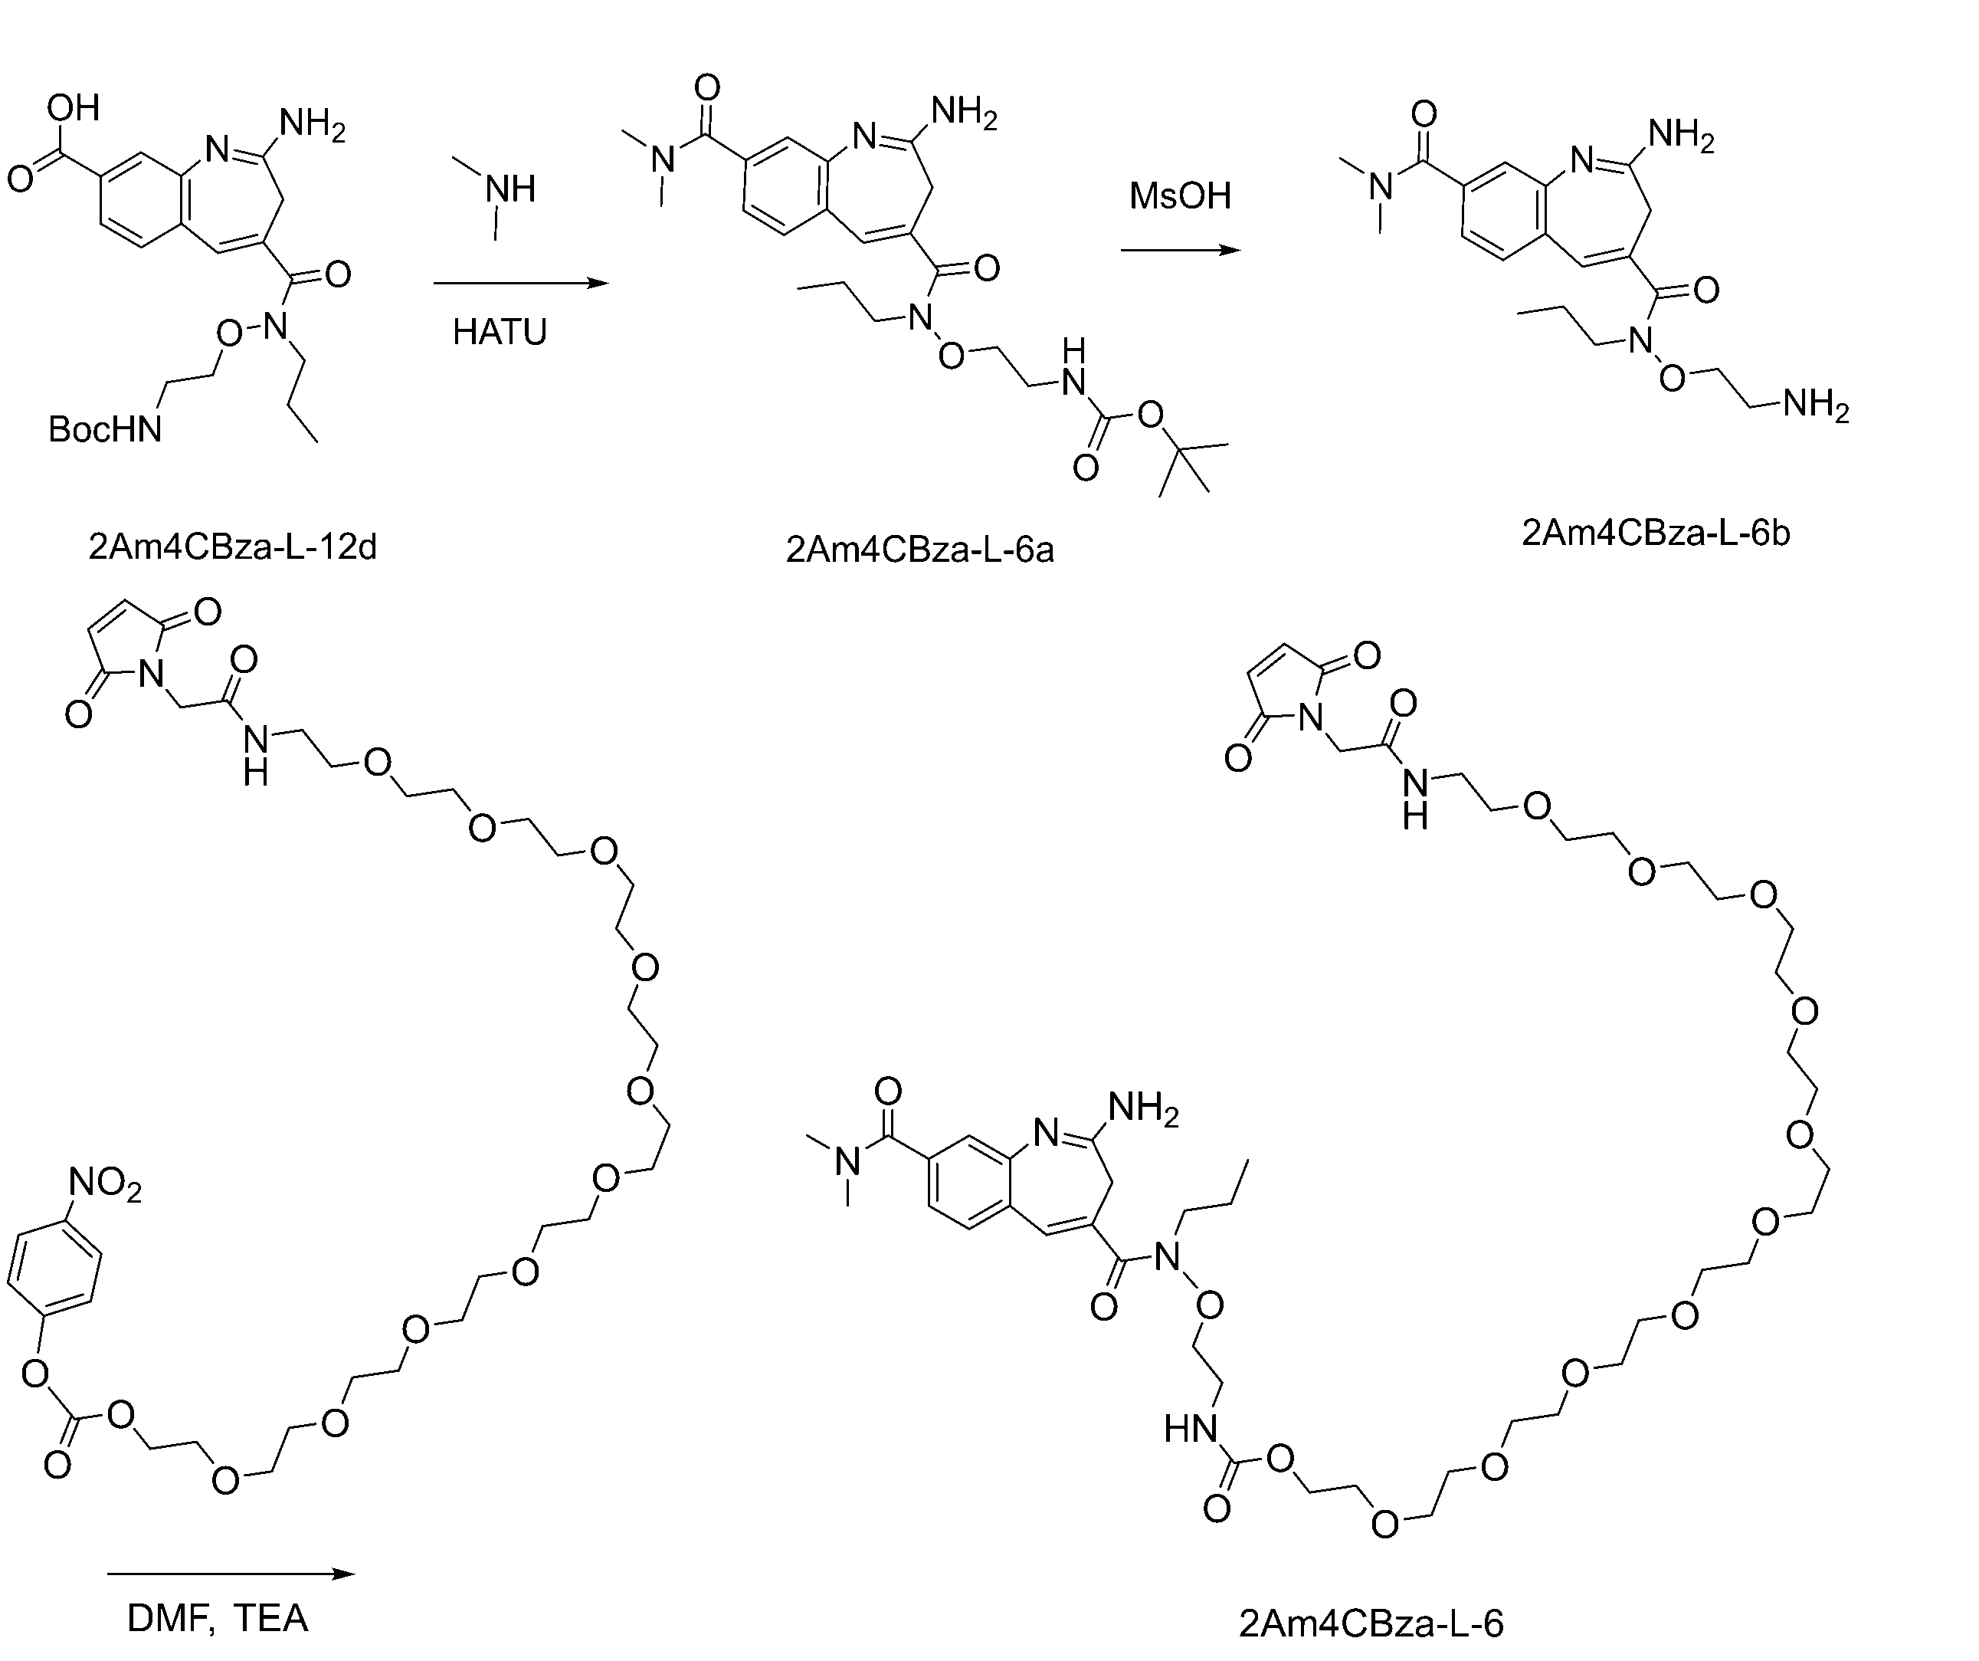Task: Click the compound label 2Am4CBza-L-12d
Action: pos(233,547)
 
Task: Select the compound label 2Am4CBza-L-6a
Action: pos(919,550)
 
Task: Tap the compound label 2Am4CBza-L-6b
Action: pos(1656,533)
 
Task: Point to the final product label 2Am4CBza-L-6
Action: pos(1371,1623)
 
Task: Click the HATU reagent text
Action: pos(500,333)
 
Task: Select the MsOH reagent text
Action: pos(1181,196)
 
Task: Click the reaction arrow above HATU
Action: pos(521,283)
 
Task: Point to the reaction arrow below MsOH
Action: pos(1181,251)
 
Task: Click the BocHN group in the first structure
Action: pos(106,430)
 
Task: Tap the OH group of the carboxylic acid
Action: pos(73,107)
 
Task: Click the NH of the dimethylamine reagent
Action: pos(509,189)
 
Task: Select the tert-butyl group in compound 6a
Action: pos(1192,468)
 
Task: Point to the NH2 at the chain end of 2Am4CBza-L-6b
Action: pos(1816,405)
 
